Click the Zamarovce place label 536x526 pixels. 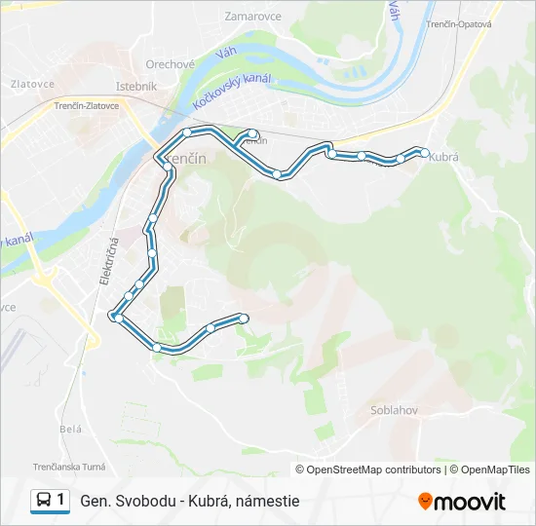(252, 17)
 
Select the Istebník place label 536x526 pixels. (135, 86)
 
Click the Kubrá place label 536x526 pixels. (443, 156)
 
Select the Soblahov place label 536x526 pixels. (394, 410)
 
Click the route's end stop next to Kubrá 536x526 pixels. (424, 152)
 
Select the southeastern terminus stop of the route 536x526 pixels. (244, 318)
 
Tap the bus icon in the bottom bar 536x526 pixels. (44, 501)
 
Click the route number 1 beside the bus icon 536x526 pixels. (61, 501)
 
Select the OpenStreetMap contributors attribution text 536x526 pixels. (373, 470)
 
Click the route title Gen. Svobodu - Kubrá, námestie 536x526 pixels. (190, 501)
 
